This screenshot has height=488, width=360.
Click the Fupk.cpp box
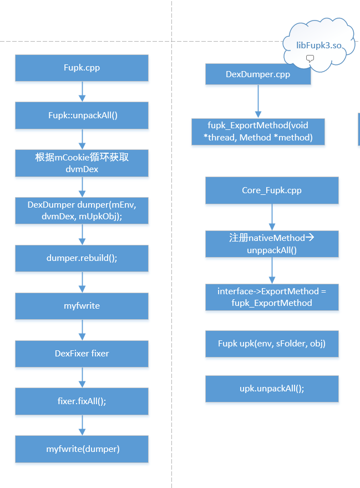click(x=82, y=68)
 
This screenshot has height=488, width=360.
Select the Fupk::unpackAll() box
click(x=82, y=115)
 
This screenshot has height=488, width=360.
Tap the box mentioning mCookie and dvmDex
click(x=82, y=163)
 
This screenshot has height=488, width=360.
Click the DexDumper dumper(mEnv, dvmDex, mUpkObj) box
click(x=82, y=210)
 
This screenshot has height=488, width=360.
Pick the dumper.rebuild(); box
click(x=82, y=258)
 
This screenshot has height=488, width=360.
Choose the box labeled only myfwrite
click(x=82, y=306)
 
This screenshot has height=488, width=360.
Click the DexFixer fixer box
click(x=82, y=354)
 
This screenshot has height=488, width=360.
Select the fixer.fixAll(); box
click(x=82, y=401)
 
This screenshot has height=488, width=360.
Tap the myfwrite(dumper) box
click(x=82, y=449)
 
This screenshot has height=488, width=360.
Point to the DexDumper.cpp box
click(x=258, y=74)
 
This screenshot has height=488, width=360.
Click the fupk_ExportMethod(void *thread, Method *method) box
click(x=258, y=132)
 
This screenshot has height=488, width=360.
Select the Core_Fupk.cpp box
click(x=272, y=190)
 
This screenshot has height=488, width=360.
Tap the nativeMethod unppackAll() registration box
click(x=272, y=244)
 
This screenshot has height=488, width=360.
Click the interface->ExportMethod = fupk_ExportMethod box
click(x=272, y=297)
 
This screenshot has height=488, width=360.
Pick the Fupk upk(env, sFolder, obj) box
click(x=272, y=344)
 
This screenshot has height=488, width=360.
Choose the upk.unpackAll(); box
click(x=272, y=389)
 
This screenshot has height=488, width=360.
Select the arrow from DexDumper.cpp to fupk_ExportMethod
click(x=258, y=102)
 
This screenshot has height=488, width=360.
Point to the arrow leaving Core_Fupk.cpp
click(x=272, y=217)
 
